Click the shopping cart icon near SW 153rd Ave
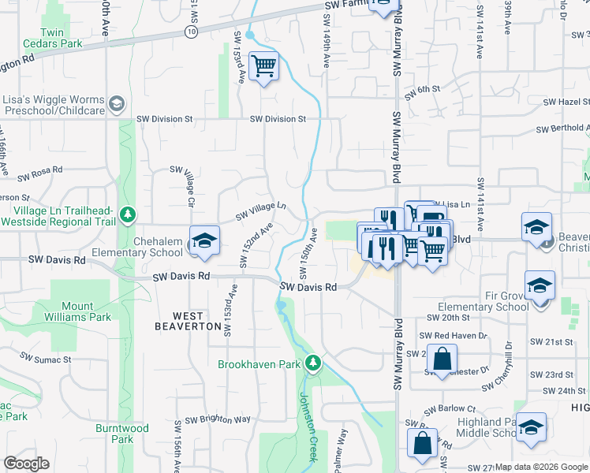[x=263, y=66]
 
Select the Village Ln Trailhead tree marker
[x=126, y=213]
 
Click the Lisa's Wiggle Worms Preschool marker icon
[x=117, y=103]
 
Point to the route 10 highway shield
[x=192, y=31]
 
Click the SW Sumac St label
[x=47, y=359]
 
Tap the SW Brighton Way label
[x=218, y=419]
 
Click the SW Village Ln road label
[x=260, y=211]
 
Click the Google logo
[x=27, y=464]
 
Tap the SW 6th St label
[x=422, y=90]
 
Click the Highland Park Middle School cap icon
[x=532, y=426]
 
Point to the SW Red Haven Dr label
[x=457, y=335]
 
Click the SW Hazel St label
[x=562, y=102]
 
